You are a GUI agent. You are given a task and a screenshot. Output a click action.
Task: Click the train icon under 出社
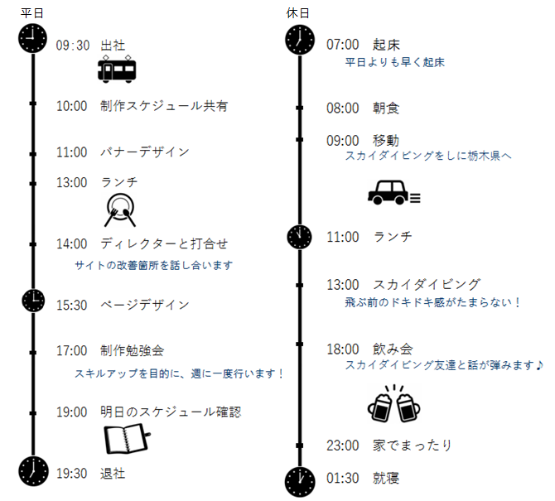pos(117,69)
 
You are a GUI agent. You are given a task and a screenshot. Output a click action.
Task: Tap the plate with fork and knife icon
pos(120,210)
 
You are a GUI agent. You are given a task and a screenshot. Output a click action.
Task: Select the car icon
pos(394,192)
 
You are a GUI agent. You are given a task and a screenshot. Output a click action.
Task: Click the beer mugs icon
pos(394,404)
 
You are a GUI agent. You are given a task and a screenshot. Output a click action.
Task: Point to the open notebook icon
pos(127,438)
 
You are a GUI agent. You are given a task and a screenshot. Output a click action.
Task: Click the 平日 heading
pos(31,13)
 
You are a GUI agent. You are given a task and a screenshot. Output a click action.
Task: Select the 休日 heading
pos(297,13)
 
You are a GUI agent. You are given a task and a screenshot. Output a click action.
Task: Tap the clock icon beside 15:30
pos(33,301)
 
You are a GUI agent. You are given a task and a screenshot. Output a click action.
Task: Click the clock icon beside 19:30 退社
pos(33,471)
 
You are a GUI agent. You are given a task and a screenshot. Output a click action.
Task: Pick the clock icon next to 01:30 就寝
pos(300,482)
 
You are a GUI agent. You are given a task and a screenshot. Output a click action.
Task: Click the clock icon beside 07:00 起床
pos(300,40)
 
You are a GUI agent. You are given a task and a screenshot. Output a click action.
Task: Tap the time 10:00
pos(72,106)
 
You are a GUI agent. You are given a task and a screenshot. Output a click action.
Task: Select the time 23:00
pos(343,446)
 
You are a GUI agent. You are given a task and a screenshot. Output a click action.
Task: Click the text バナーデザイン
pos(145,152)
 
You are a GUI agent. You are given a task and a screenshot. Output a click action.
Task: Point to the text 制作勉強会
pos(132,350)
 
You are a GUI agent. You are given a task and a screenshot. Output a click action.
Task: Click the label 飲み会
pos(393,349)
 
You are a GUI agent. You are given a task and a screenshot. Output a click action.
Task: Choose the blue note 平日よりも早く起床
pos(394,62)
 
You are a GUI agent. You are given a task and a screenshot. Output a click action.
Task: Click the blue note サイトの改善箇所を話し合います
pos(153,265)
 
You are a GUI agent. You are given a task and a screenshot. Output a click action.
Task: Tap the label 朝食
pos(386,108)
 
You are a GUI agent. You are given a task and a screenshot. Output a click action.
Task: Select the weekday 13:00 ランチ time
pos(72,182)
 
